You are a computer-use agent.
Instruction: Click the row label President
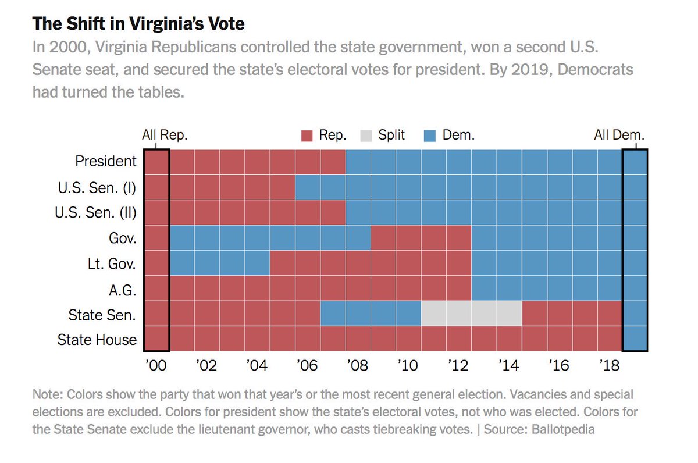[106, 161]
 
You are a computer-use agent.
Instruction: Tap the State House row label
[97, 340]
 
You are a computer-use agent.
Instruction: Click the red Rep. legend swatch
[307, 136]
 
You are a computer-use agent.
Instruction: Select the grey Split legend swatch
[365, 136]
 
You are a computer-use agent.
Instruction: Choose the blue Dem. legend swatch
[429, 136]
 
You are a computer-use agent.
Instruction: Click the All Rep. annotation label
[165, 136]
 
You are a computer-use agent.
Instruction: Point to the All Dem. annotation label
[619, 136]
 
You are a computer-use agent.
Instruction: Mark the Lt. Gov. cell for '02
[206, 263]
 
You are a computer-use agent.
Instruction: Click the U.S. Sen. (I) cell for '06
[308, 187]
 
